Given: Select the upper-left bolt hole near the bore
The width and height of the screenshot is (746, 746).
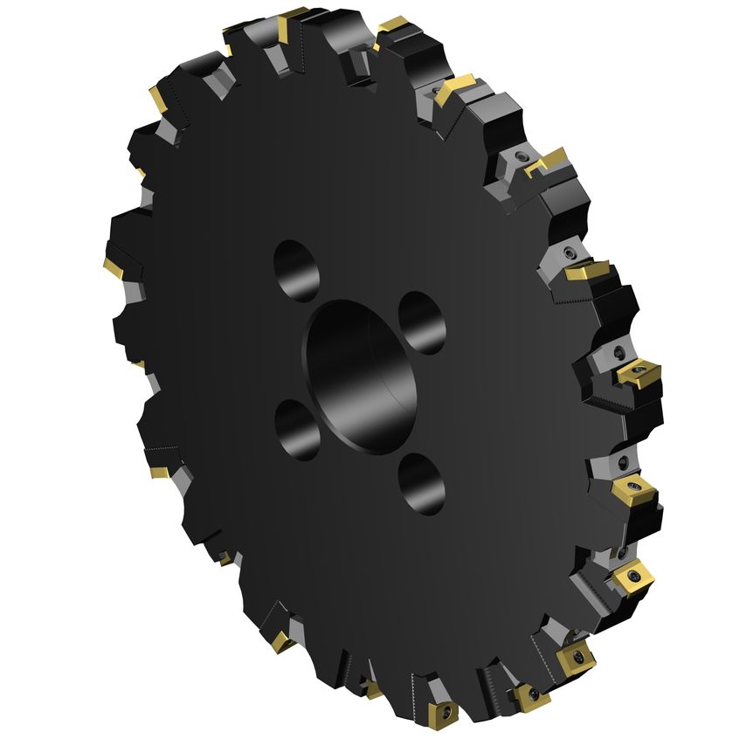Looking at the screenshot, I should click(297, 268).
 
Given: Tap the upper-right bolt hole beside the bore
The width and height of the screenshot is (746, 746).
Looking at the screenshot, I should click(422, 322).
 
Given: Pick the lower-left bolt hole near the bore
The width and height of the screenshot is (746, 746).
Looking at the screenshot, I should click(297, 429).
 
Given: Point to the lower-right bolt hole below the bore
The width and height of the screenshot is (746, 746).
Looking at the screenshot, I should click(421, 483).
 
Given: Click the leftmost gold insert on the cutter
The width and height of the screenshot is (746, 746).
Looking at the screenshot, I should click(111, 265).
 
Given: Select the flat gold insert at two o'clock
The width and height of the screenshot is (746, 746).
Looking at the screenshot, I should click(587, 271).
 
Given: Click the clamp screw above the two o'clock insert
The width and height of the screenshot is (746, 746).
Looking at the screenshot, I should click(570, 252).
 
